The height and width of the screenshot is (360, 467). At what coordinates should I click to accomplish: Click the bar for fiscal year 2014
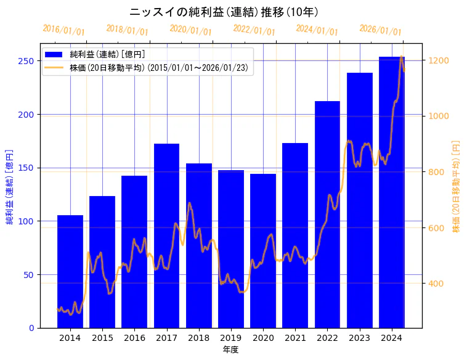[70, 271]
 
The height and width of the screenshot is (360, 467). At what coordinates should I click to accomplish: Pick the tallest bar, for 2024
[392, 192]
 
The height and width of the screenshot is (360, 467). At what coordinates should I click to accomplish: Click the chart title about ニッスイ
[224, 12]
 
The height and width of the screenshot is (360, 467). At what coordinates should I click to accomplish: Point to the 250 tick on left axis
[26, 61]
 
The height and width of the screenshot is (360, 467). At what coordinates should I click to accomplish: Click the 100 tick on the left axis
[26, 221]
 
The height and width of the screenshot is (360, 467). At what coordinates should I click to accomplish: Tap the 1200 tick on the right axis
[439, 60]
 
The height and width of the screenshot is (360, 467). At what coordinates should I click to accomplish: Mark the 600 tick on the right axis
[436, 228]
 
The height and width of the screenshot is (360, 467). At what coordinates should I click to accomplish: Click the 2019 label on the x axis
[231, 338]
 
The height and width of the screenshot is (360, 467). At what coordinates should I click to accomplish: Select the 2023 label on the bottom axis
[360, 338]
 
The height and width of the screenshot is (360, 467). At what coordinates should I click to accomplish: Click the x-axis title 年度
[231, 350]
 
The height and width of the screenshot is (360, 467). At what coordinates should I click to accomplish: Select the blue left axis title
[9, 186]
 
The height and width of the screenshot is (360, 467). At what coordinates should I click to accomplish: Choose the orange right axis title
[457, 186]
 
